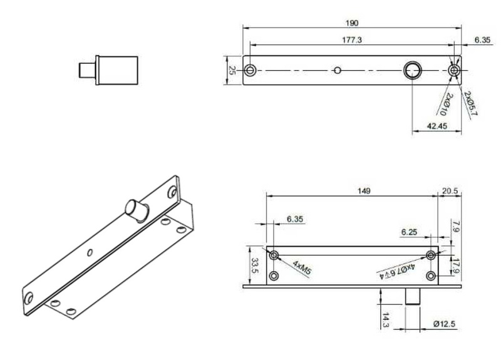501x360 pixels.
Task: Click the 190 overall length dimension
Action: click(352, 23)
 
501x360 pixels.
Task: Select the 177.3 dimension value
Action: click(352, 40)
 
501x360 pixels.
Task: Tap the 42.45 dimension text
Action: click(436, 126)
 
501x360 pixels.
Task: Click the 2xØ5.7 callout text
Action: click(470, 103)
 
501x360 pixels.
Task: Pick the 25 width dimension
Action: click(232, 70)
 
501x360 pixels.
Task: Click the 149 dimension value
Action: click(364, 191)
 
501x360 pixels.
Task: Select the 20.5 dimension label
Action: click(450, 191)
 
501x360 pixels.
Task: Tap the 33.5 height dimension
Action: click(255, 265)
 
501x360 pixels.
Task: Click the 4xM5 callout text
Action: click(302, 268)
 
